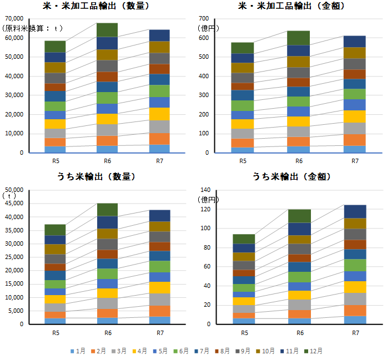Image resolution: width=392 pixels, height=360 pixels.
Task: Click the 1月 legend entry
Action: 78,351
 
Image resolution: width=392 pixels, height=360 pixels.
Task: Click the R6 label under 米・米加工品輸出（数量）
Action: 107,161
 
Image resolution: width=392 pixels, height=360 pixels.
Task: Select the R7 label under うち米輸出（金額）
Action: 355,333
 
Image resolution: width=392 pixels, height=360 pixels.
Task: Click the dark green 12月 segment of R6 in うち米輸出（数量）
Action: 107,210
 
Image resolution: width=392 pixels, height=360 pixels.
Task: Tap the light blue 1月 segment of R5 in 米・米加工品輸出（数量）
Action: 55,149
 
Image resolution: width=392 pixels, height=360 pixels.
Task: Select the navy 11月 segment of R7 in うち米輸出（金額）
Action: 355,211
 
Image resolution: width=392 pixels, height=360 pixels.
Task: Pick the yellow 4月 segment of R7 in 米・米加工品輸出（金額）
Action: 355,116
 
